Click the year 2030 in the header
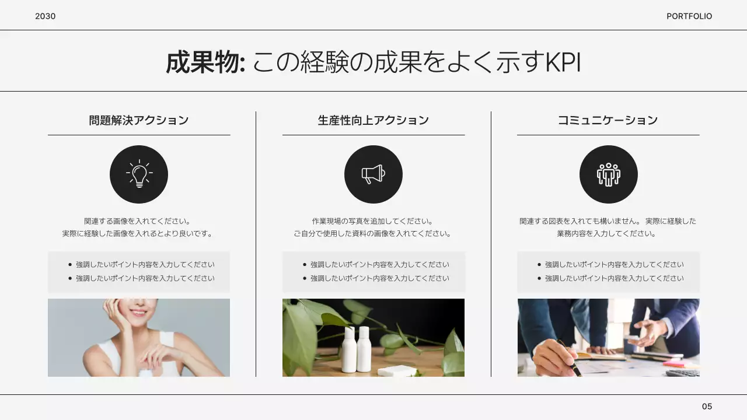pos(45,16)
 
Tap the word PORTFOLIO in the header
pos(689,16)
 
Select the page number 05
pos(707,407)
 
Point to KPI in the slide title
pos(563,62)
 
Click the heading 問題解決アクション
pos(139,120)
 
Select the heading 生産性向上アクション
pos(373,120)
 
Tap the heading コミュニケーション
pos(608,120)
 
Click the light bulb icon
pos(139,174)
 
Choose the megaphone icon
pos(373,174)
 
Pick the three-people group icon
pos(608,174)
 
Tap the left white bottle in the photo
pos(349,349)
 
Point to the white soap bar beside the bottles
pos(397,370)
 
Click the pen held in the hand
pos(570,357)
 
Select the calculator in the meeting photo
pos(683,372)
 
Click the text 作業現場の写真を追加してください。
pos(373,222)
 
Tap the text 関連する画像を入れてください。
pos(138,222)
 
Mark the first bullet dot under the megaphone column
pos(304,265)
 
